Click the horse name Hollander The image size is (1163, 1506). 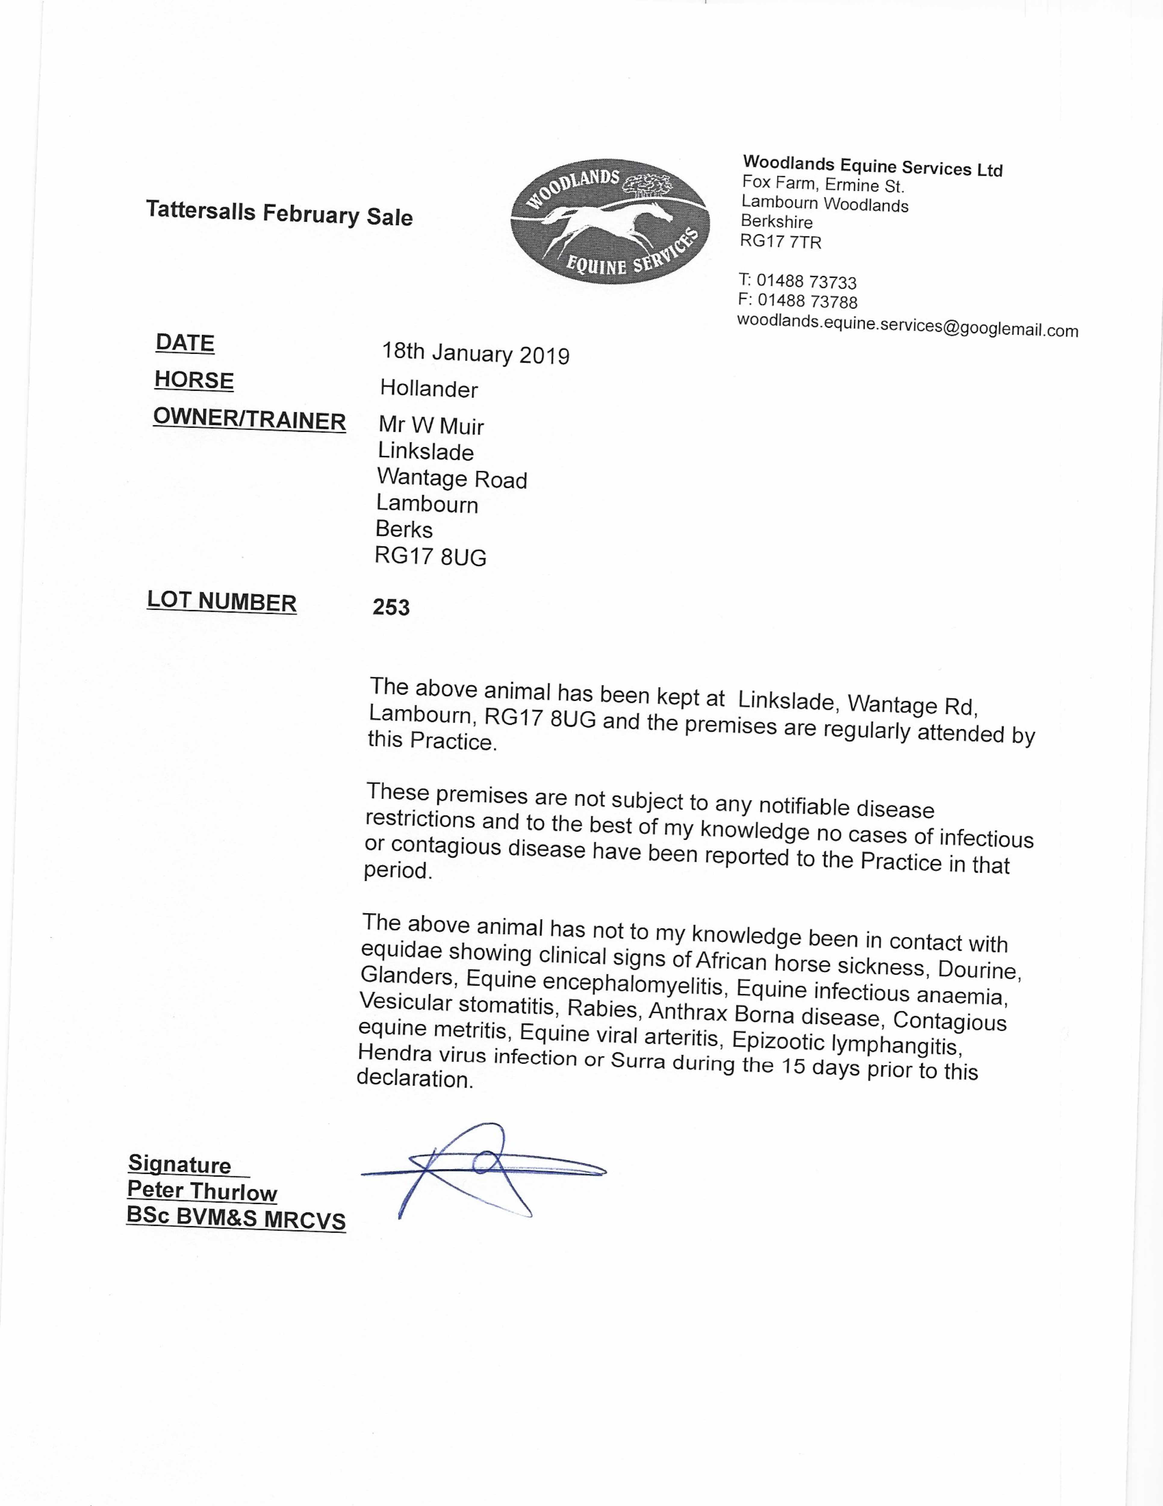[x=429, y=389]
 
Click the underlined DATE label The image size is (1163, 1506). [x=185, y=343]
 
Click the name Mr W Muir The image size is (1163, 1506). [x=431, y=426]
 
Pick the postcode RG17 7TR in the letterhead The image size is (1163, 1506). [x=780, y=241]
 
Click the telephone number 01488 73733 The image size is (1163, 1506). [x=807, y=281]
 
